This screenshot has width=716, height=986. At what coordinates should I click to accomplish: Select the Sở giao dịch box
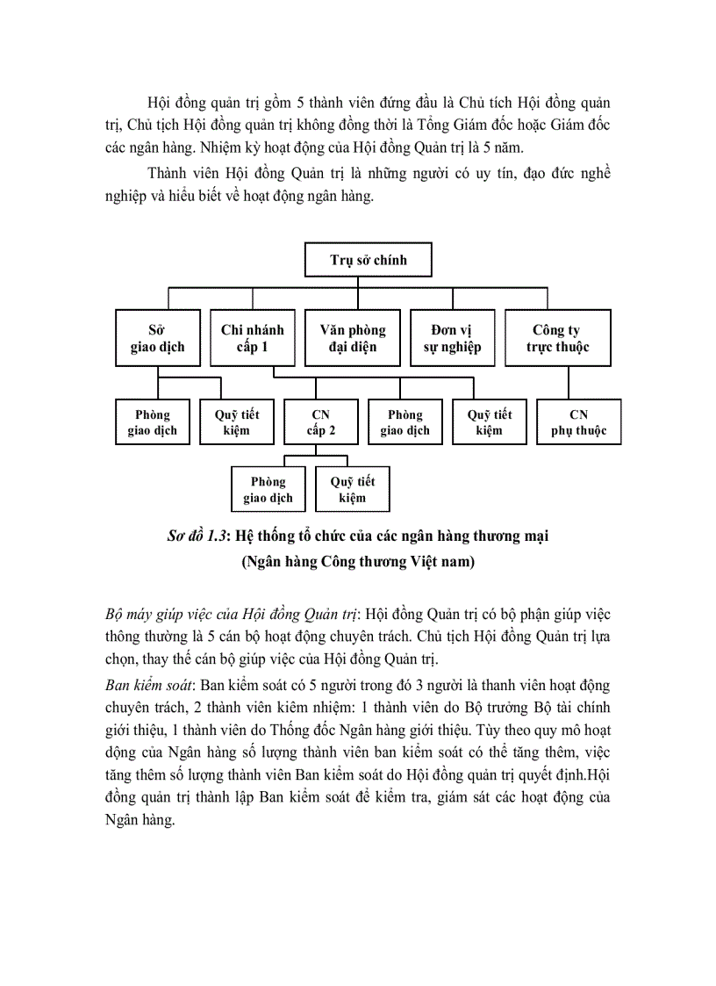[157, 338]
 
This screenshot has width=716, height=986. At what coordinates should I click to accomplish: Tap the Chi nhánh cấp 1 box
[252, 338]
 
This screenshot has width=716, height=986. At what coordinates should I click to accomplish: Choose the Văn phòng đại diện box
[352, 338]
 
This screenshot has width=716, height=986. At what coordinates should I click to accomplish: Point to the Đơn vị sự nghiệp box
[451, 338]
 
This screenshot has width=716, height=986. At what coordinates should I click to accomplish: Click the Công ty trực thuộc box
[557, 338]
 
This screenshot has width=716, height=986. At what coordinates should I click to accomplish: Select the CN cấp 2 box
[320, 422]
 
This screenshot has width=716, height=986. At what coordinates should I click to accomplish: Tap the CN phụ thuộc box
[578, 422]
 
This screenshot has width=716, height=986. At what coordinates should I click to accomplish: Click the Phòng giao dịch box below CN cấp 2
[268, 490]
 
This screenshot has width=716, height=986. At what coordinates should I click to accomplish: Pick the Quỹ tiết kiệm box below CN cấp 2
[352, 490]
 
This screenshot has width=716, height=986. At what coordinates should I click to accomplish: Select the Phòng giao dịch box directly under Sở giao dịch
[153, 422]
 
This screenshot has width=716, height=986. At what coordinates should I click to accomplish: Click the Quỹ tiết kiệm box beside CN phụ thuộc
[490, 422]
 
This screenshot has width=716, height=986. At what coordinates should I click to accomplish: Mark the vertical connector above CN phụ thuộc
[569, 383]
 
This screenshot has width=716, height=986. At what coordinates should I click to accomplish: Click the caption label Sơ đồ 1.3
[196, 536]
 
